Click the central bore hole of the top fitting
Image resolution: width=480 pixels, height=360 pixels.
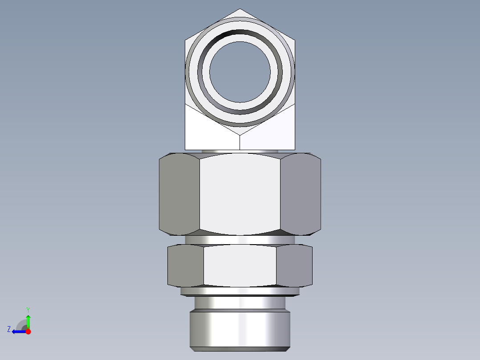[240, 72]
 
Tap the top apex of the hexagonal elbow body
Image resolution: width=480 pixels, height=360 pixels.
[240, 9]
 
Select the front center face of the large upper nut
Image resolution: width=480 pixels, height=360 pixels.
[240, 194]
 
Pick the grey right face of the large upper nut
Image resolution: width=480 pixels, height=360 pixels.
[301, 194]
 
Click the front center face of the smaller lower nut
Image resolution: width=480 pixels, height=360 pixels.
[240, 265]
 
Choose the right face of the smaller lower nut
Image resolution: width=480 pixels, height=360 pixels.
[294, 265]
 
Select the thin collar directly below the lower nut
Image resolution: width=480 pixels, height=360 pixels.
[240, 291]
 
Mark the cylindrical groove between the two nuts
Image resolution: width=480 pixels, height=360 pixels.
[240, 239]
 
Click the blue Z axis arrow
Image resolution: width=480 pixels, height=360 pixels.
[18, 331]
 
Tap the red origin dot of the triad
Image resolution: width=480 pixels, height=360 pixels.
[28, 331]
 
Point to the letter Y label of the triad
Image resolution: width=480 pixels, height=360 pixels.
[28, 309]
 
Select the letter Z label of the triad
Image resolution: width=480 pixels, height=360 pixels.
[9, 329]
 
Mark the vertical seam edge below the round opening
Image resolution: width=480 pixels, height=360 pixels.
[240, 142]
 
